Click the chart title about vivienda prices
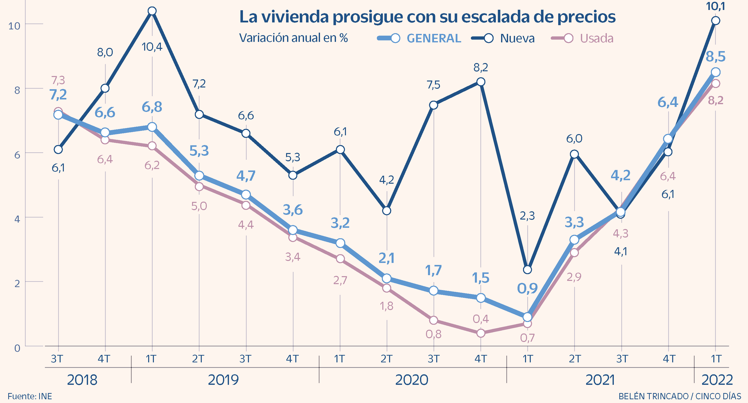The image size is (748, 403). [x=427, y=17]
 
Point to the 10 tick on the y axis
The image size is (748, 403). [x=14, y=26]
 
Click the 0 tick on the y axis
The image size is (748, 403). [x=17, y=348]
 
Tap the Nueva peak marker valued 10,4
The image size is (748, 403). [x=152, y=11]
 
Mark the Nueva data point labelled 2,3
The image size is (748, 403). [x=527, y=269]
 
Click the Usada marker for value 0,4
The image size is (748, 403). [x=481, y=333]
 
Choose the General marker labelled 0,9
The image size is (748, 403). [x=527, y=317]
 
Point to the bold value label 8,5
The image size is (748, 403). [x=716, y=57]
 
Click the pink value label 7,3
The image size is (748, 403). [x=58, y=80]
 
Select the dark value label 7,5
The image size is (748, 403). [x=433, y=85]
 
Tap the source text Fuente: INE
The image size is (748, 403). [x=30, y=396]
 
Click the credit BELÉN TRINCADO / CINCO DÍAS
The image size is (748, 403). [x=680, y=396]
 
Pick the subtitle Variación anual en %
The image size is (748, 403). [x=293, y=38]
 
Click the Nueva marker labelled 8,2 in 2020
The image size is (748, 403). [x=481, y=82]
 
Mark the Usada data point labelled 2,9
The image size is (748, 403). [x=574, y=253]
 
